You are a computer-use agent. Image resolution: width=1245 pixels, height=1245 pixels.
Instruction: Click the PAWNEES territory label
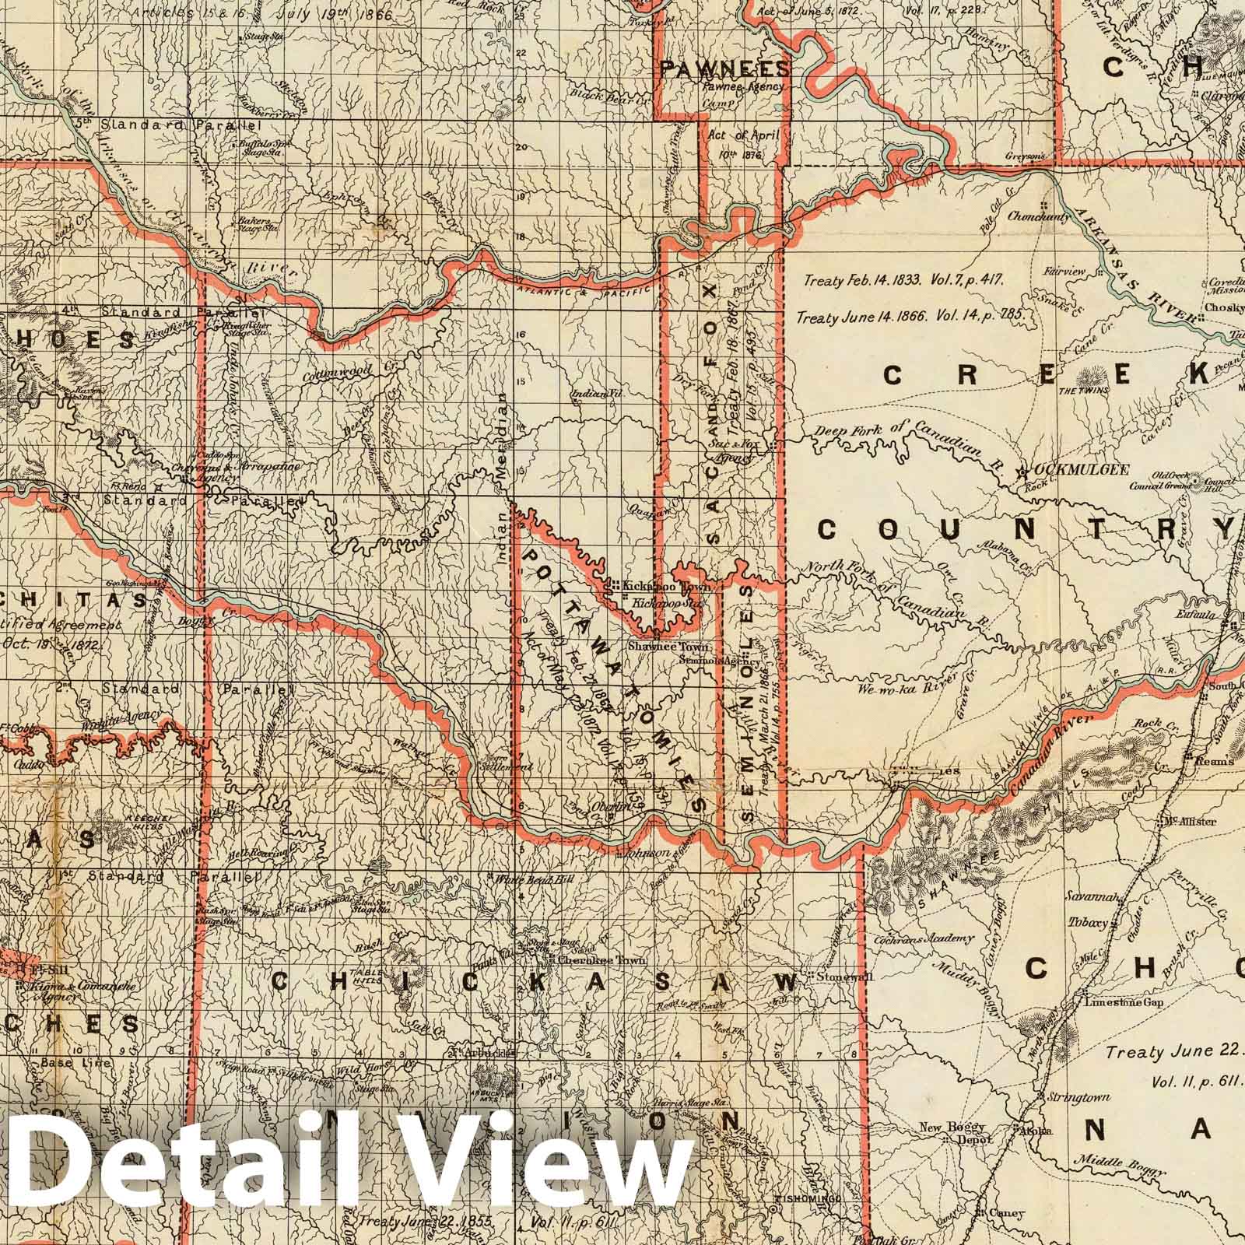pyautogui.click(x=724, y=69)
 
